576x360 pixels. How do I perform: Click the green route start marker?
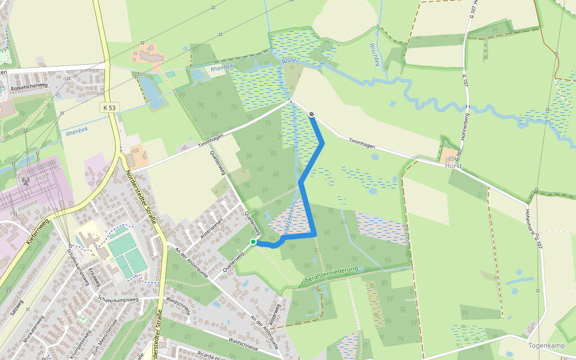pos(253,242)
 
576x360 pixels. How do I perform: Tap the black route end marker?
pos(312,114)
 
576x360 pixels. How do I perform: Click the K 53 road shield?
pos(109,107)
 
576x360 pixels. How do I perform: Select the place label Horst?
pos(454,165)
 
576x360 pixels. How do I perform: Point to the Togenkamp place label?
pos(547,346)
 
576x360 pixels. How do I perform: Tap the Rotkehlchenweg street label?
pos(29,85)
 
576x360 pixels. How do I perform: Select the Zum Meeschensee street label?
pos(102,342)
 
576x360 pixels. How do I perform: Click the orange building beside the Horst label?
pos(448,155)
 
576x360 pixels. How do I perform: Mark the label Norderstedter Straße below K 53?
pos(142,197)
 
